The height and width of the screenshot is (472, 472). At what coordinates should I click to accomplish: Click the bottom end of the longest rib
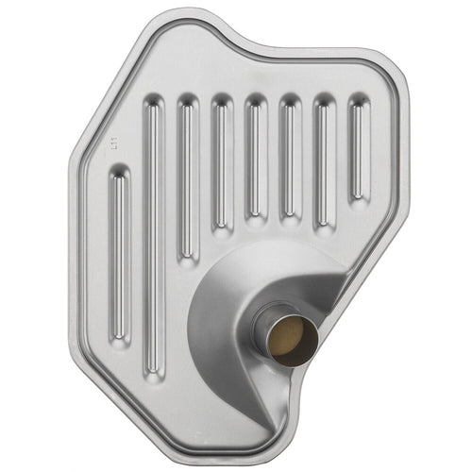[152, 368]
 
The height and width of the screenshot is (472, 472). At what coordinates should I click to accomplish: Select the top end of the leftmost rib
[117, 173]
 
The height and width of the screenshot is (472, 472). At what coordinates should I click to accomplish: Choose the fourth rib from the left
[221, 160]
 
